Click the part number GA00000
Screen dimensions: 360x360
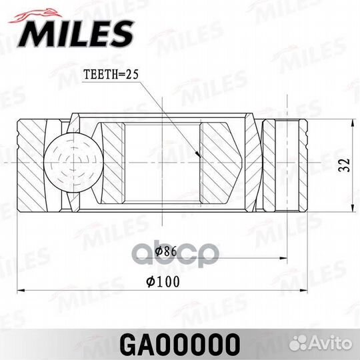(x=180, y=344)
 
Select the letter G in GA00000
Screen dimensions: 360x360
(x=129, y=344)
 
